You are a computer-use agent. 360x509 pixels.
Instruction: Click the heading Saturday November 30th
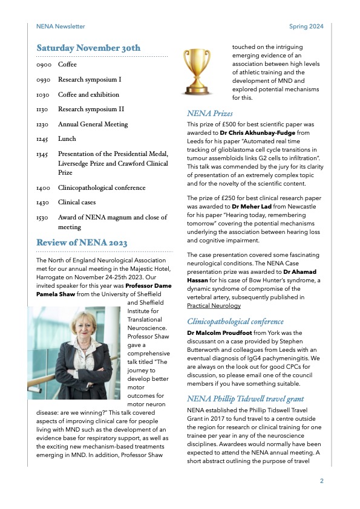coord(88,48)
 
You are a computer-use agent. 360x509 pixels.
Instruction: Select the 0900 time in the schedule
coord(44,64)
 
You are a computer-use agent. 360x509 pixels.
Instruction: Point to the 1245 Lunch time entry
coord(44,139)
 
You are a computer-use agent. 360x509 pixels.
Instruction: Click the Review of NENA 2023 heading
coord(82,243)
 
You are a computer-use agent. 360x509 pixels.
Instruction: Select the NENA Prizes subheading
coord(209,113)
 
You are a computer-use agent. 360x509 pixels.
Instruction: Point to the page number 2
coord(321,481)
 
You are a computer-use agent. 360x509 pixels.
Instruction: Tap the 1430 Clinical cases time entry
coord(44,203)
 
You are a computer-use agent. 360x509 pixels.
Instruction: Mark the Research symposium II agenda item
coord(91,109)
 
